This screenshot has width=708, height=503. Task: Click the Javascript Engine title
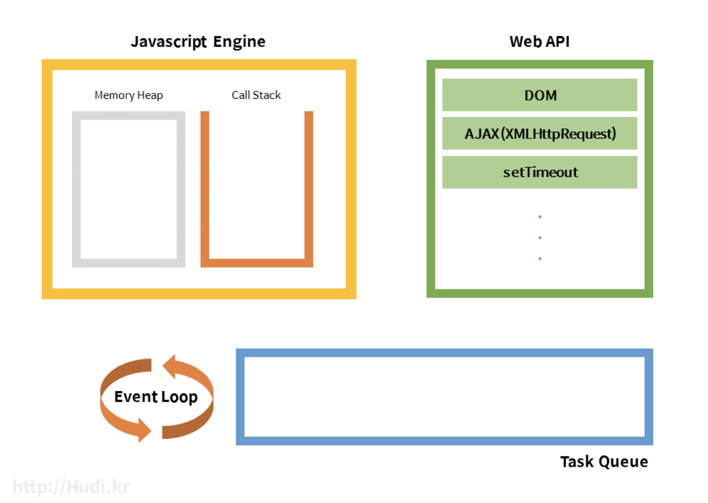(198, 42)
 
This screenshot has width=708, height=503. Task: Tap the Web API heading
(539, 42)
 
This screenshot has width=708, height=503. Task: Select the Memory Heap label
(128, 95)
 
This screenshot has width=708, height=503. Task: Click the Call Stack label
(256, 95)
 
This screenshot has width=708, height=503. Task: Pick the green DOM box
(540, 95)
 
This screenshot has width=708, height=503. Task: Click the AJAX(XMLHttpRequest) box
(540, 134)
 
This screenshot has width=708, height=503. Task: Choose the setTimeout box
(540, 172)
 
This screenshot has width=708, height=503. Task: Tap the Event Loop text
(156, 397)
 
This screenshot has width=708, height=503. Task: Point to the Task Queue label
(604, 462)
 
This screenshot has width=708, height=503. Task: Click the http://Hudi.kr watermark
(71, 487)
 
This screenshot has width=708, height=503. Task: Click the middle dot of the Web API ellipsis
(540, 238)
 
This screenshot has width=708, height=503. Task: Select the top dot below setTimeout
(540, 217)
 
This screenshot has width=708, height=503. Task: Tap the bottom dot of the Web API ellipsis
(540, 258)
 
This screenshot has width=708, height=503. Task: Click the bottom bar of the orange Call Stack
(257, 263)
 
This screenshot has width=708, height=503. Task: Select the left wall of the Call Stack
(205, 186)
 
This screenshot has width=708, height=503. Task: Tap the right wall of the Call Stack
(309, 186)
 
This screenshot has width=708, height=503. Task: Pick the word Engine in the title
(239, 42)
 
